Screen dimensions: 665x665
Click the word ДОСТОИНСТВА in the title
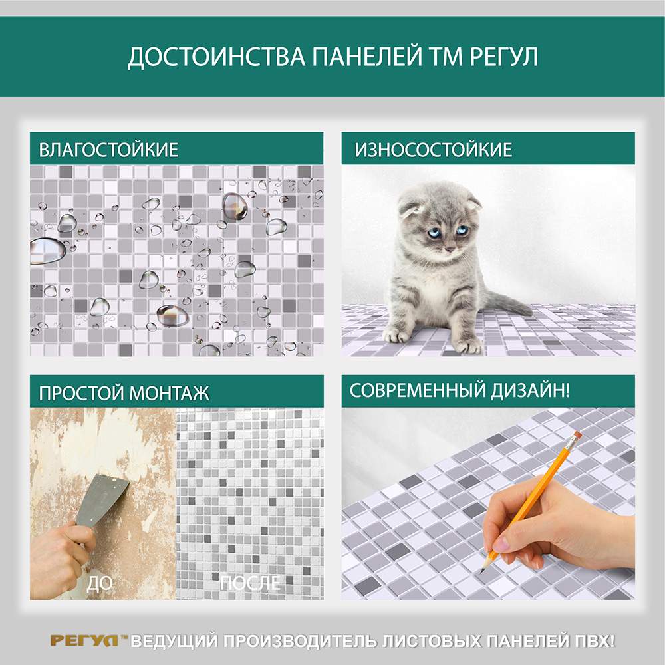click(217, 57)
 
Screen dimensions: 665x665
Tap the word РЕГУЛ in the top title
click(504, 57)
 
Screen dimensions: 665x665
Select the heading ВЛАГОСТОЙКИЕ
click(108, 150)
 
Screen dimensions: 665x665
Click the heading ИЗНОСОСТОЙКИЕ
click(434, 150)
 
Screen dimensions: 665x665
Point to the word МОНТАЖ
click(169, 393)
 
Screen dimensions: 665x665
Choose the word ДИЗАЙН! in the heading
click(530, 390)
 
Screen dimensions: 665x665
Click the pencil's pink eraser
click(575, 436)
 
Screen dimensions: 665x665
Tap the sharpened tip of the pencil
click(482, 571)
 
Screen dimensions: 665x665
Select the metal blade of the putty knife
click(102, 501)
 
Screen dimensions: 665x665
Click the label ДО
click(99, 584)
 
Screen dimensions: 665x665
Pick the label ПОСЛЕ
click(250, 583)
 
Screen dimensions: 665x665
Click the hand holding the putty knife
click(61, 555)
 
